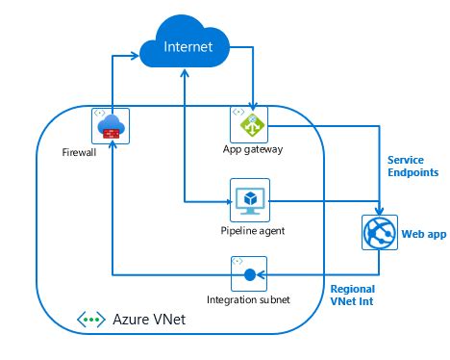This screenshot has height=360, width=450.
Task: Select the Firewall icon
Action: (111, 125)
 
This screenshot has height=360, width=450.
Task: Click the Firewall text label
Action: (80, 151)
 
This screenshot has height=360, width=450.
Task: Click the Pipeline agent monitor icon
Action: (249, 200)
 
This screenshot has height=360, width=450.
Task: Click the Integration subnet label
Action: (249, 300)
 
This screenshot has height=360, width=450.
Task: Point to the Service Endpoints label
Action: (412, 166)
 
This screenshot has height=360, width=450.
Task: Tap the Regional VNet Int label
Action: (352, 295)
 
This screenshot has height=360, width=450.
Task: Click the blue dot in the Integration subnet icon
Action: (249, 275)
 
